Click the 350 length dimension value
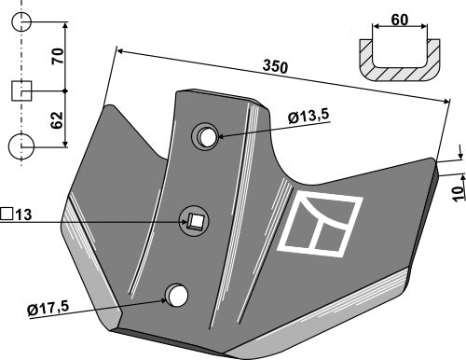pyautogui.click(x=275, y=67)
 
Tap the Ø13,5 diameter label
pyautogui.click(x=308, y=117)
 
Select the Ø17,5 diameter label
pyautogui.click(x=48, y=309)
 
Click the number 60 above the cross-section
pyautogui.click(x=400, y=20)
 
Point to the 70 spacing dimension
pyautogui.click(x=58, y=56)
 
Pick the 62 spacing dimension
pyautogui.click(x=58, y=120)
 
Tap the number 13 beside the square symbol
pyautogui.click(x=23, y=215)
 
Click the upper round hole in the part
pyautogui.click(x=208, y=137)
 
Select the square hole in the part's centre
pyautogui.click(x=196, y=221)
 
